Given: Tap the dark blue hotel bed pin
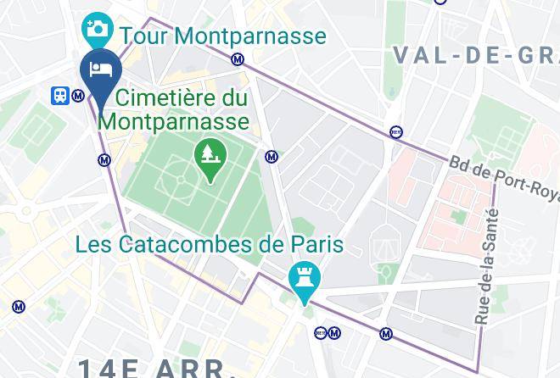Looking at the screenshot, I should [101, 71].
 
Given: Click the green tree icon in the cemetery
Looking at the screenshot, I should [208, 153].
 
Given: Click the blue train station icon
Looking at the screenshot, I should [60, 96].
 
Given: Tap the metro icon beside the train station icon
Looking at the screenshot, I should [78, 96].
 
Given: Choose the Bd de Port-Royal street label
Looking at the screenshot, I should [503, 177].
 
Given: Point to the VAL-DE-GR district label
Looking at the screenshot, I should [475, 55].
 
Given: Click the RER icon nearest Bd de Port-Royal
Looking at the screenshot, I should [395, 131].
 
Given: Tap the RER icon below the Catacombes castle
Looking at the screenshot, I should [320, 333].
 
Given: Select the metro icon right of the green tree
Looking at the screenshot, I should [272, 156].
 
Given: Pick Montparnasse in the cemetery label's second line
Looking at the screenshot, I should [174, 120].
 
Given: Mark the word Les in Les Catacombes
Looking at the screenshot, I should [93, 245].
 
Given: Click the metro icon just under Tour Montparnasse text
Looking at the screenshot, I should [238, 59].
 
